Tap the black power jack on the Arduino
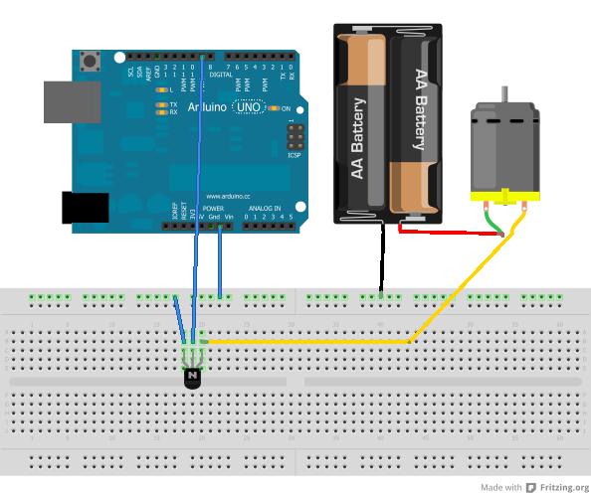(x=86, y=208)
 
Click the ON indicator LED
(x=272, y=108)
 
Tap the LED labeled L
(x=162, y=90)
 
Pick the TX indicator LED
(x=162, y=103)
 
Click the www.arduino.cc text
(x=226, y=196)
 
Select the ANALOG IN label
(x=264, y=209)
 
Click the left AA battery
(x=360, y=124)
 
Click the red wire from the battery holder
(x=448, y=233)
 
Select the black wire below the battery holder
(x=381, y=257)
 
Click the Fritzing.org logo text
(x=557, y=487)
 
